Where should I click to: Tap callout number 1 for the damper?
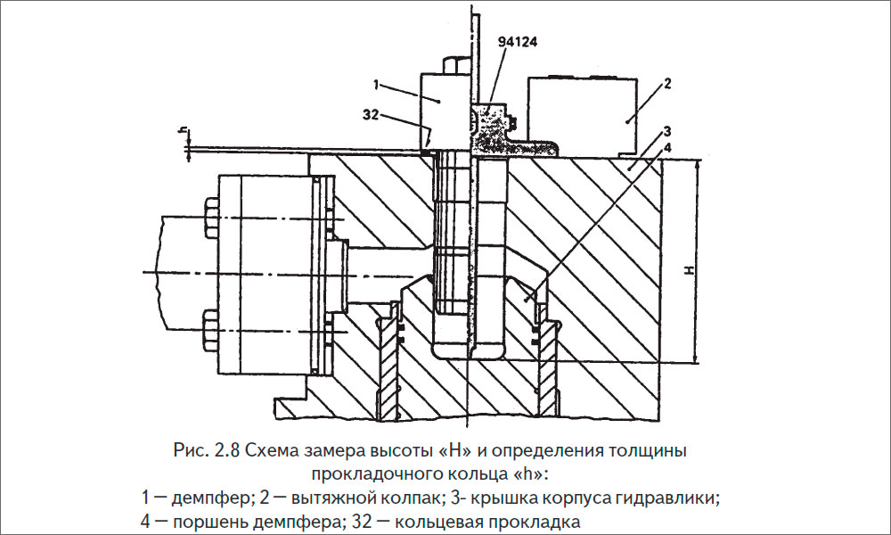click(x=378, y=85)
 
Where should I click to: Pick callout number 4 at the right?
click(x=666, y=146)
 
